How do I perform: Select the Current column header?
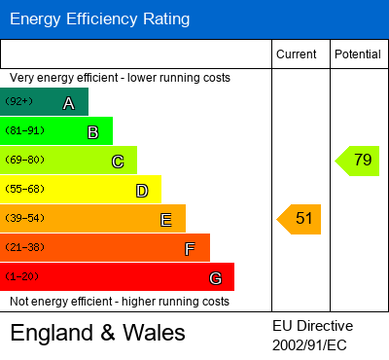[x=296, y=54]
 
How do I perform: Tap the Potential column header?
[x=357, y=54]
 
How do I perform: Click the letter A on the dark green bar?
[x=68, y=103]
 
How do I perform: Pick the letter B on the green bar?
[x=92, y=132]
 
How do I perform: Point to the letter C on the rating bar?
[x=118, y=162]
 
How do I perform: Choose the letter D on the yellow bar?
[x=142, y=191]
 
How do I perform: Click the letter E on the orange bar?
[x=166, y=220]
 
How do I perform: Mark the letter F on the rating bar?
[x=190, y=249]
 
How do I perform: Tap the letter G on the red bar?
[x=215, y=278]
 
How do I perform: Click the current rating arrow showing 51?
[x=301, y=219]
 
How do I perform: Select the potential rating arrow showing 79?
[x=358, y=161]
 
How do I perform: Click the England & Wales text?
[x=97, y=333]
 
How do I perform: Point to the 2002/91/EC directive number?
[x=309, y=343]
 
